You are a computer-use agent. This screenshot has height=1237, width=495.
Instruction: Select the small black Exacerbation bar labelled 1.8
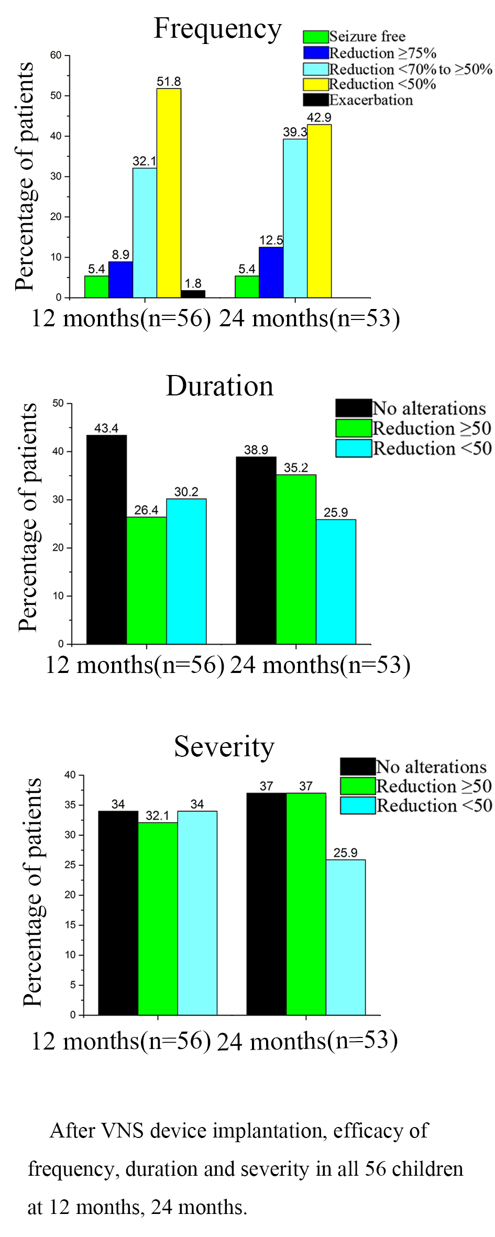pyautogui.click(x=193, y=294)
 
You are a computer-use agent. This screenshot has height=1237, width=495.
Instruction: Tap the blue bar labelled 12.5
pyautogui.click(x=271, y=272)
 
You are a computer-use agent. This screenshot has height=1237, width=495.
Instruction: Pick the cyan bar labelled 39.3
pyautogui.click(x=295, y=218)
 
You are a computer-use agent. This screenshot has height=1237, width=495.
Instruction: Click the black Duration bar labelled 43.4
pyautogui.click(x=106, y=539)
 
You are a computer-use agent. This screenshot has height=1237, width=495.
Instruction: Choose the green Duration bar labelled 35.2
pyautogui.click(x=296, y=559)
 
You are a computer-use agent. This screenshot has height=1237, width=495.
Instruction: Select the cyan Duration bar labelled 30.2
pyautogui.click(x=186, y=571)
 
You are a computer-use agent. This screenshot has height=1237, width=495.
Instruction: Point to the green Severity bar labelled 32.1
pyautogui.click(x=158, y=919)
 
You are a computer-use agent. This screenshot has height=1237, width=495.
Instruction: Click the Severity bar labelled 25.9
pyautogui.click(x=346, y=937)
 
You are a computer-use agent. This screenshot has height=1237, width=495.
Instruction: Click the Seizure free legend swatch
pyautogui.click(x=316, y=37)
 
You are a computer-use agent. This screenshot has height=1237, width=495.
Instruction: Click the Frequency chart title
pyautogui.click(x=217, y=29)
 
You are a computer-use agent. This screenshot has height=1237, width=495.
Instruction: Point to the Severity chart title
pyautogui.click(x=224, y=746)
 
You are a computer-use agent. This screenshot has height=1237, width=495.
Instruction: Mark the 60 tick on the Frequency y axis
pyautogui.click(x=56, y=55)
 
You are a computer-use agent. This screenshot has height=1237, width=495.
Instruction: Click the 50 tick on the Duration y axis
pyautogui.click(x=58, y=403)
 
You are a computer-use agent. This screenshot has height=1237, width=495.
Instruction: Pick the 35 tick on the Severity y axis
pyautogui.click(x=70, y=805)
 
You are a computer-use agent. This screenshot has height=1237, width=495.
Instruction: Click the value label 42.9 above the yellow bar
pyautogui.click(x=319, y=118)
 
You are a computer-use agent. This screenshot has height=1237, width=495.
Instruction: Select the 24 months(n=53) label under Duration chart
pyautogui.click(x=320, y=665)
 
